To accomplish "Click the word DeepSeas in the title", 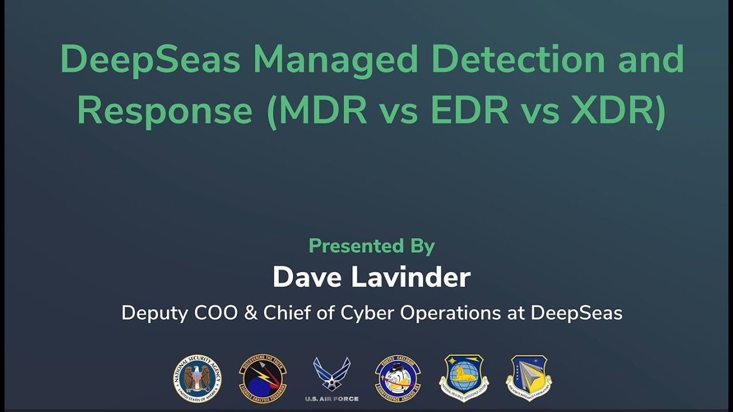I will pyautogui.click(x=150, y=59).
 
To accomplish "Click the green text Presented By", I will pyautogui.click(x=372, y=246).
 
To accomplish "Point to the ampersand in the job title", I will pyautogui.click(x=254, y=313).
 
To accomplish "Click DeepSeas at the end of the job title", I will pyautogui.click(x=576, y=313).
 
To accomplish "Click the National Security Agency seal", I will pyautogui.click(x=198, y=378).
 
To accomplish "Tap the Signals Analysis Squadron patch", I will pyautogui.click(x=263, y=378).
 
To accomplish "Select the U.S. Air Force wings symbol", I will pyautogui.click(x=332, y=374).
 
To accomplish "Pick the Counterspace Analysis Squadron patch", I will pyautogui.click(x=397, y=378).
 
